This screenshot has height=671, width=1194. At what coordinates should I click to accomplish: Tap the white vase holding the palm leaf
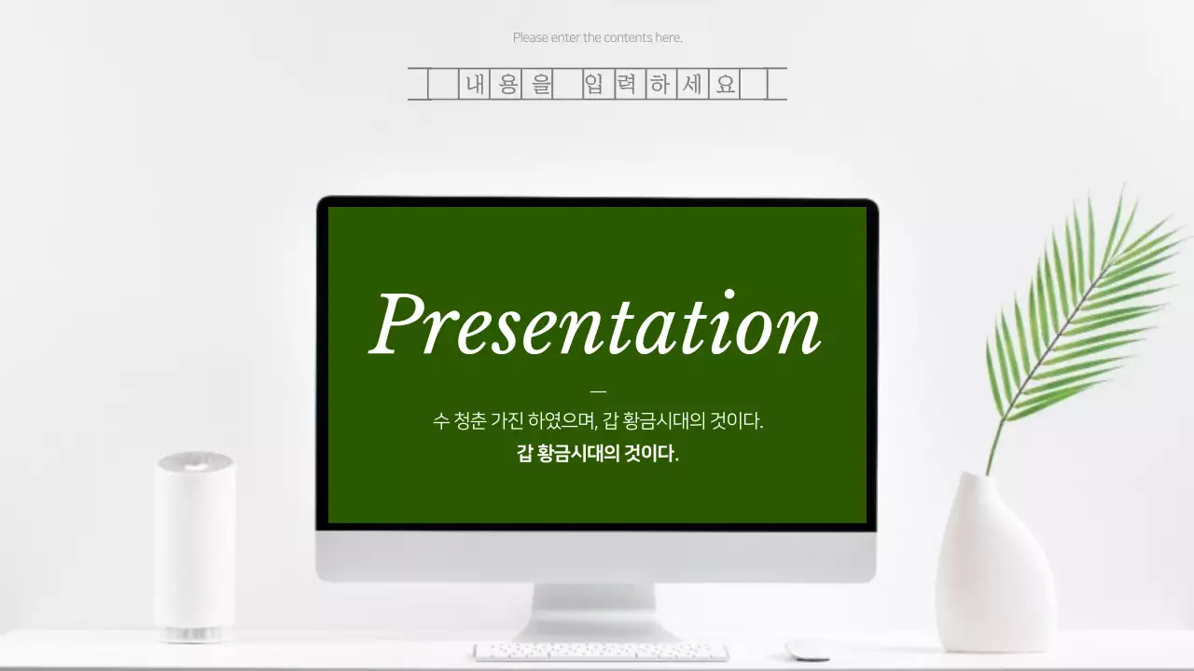(x=994, y=568)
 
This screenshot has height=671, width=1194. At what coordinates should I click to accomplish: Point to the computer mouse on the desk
(x=807, y=650)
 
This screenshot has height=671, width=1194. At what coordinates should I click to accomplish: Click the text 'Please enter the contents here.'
(x=597, y=38)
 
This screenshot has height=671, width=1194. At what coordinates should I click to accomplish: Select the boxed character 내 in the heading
(x=475, y=85)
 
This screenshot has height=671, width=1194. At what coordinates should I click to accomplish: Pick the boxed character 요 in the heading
(x=725, y=85)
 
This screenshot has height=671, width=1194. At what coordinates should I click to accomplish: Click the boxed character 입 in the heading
(x=594, y=85)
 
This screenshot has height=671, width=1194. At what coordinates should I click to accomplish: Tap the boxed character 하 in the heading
(x=659, y=85)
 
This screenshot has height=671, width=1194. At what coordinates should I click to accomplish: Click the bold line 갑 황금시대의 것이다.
(x=597, y=454)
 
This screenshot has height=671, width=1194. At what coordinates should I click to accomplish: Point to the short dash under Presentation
(x=598, y=391)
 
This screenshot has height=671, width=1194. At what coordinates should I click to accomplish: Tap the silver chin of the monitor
(x=596, y=556)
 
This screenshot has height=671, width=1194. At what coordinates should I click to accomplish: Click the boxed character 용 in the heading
(x=507, y=85)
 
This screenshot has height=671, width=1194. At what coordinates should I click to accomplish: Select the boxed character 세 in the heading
(x=692, y=85)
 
